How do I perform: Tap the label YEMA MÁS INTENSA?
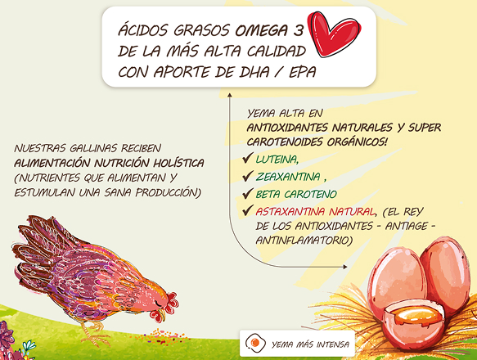314,344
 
